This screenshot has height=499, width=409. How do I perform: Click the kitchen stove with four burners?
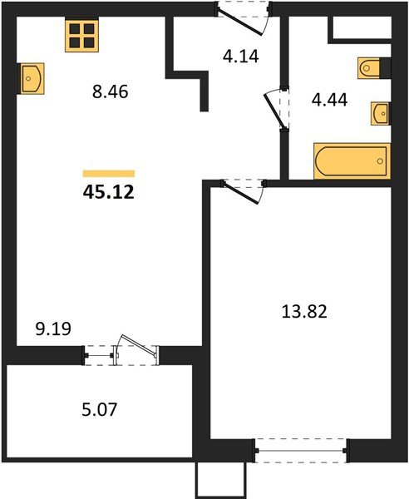(82, 36)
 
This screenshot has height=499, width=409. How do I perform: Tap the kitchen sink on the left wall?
(32, 79)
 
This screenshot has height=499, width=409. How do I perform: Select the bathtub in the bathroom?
(352, 160)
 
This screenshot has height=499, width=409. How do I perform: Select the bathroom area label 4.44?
(330, 103)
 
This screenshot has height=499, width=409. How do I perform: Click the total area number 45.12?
(109, 193)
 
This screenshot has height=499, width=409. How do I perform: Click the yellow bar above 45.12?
(109, 173)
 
